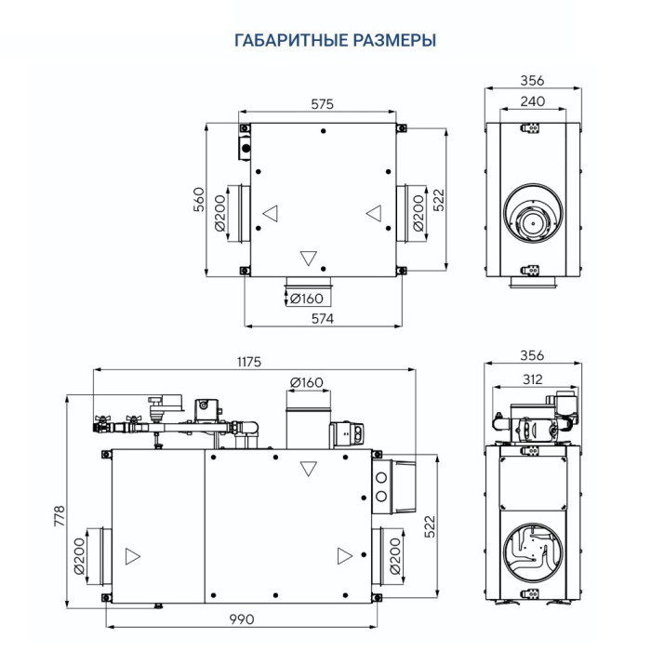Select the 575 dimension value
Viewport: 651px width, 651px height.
tap(322, 104)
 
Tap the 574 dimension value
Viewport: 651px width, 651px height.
tap(323, 318)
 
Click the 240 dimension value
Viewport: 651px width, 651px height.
tap(532, 101)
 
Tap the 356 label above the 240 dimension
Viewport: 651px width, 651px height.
tap(532, 81)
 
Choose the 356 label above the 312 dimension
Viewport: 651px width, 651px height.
tap(532, 356)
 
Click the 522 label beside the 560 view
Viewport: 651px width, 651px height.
tap(439, 202)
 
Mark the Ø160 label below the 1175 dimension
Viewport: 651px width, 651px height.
tap(306, 382)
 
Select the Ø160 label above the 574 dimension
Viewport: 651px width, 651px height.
tap(306, 299)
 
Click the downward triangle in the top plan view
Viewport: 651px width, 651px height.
tap(310, 257)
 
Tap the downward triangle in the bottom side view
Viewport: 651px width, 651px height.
tap(308, 470)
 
